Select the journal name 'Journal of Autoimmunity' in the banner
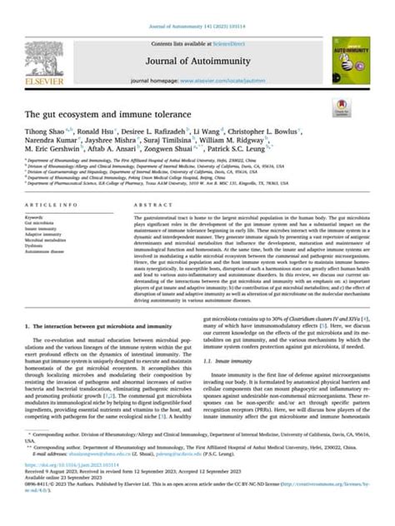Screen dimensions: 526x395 click(x=195, y=39)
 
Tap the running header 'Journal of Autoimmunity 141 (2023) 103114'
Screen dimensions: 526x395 click(x=197, y=7)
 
